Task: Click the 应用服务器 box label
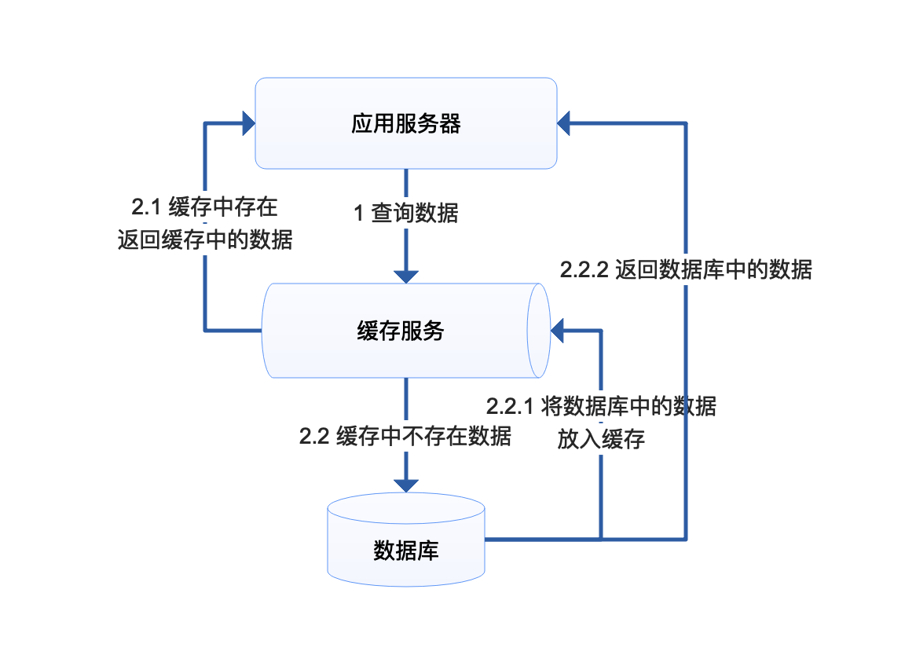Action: pyautogui.click(x=405, y=124)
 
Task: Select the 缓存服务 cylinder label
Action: pyautogui.click(x=401, y=331)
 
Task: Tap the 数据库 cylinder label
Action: pyautogui.click(x=405, y=550)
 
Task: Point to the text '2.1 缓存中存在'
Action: pyautogui.click(x=204, y=209)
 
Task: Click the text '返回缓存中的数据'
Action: pyautogui.click(x=205, y=240)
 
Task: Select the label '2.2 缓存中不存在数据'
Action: pyautogui.click(x=405, y=436)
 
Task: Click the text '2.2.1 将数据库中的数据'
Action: pyautogui.click(x=601, y=407)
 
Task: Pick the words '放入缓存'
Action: pyautogui.click(x=601, y=439)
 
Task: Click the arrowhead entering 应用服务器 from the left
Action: pyautogui.click(x=248, y=123)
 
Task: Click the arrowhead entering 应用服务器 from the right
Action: pyautogui.click(x=566, y=123)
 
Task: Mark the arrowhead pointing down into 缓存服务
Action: pyautogui.click(x=406, y=276)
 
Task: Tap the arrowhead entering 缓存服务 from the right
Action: pyautogui.click(x=559, y=331)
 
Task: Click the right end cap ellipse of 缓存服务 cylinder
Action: pyautogui.click(x=539, y=331)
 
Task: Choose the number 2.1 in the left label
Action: pyautogui.click(x=145, y=209)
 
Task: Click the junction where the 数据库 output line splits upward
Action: pyautogui.click(x=601, y=539)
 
